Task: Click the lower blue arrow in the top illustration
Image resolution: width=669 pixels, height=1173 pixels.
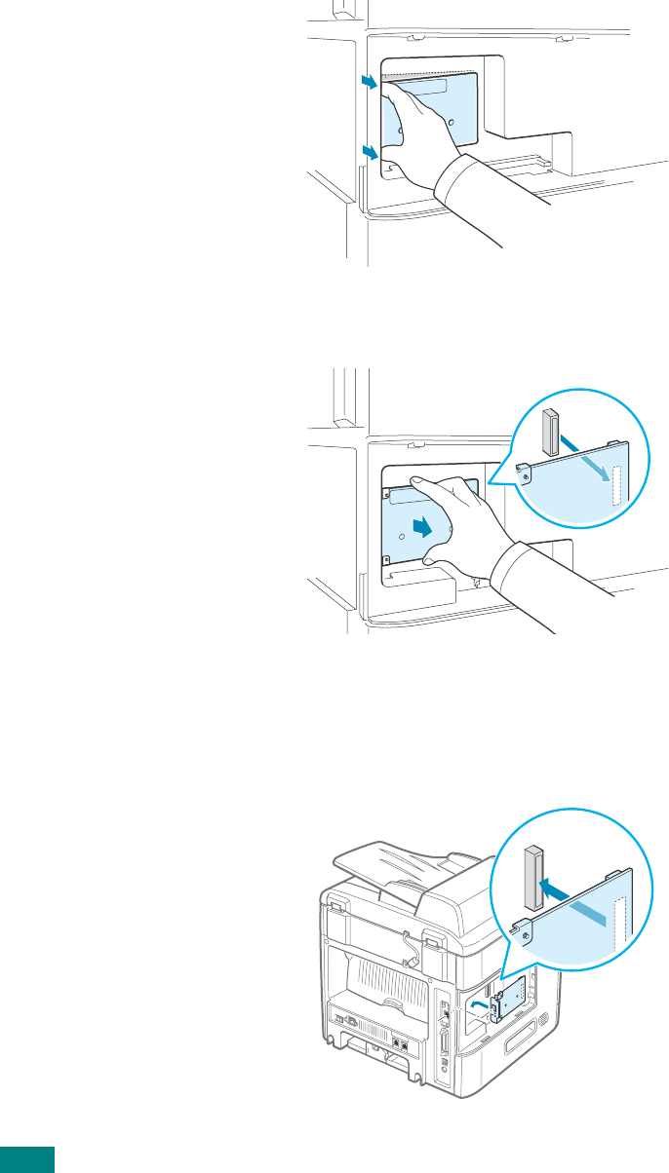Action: pyautogui.click(x=368, y=151)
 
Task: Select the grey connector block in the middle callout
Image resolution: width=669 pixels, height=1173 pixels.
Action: pyautogui.click(x=547, y=431)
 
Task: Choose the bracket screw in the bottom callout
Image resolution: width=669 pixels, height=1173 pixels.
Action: pyautogui.click(x=528, y=936)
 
